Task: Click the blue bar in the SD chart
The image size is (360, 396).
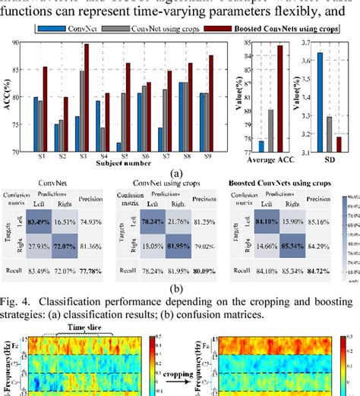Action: click(x=320, y=102)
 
